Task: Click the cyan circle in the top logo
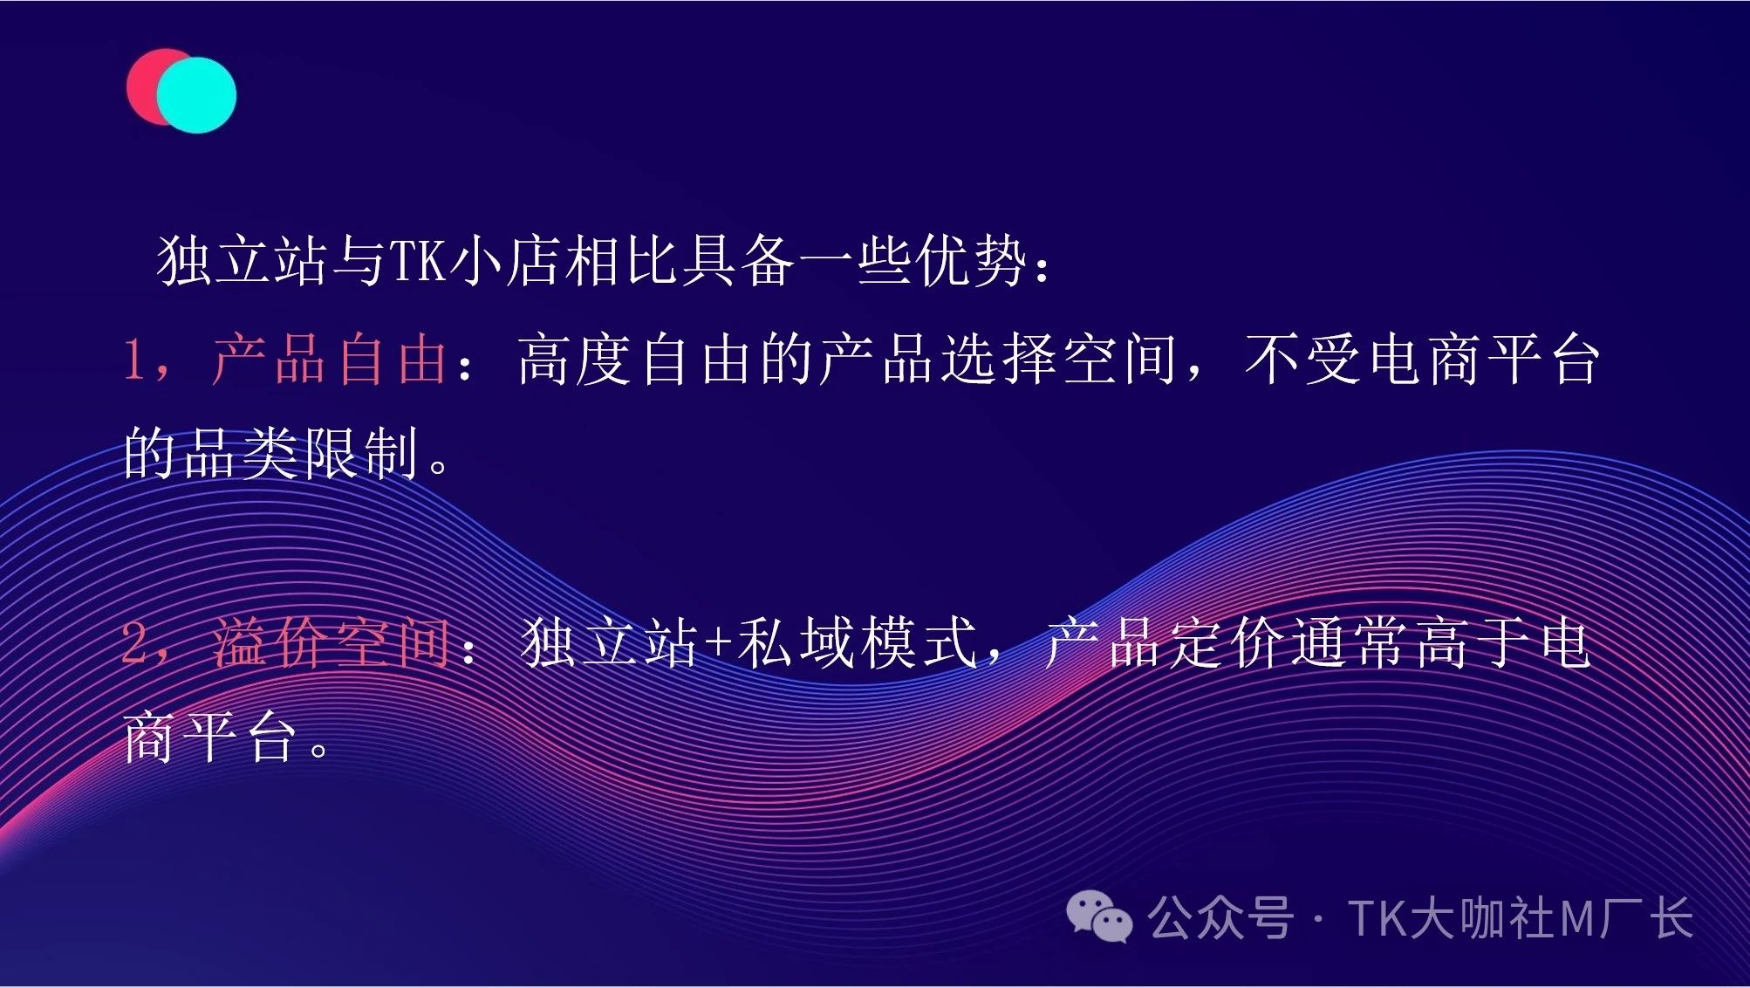[x=197, y=95]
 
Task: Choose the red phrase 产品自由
[x=330, y=359]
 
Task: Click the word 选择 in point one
[x=1001, y=359]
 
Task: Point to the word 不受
[x=1304, y=359]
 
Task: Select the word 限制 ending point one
[x=361, y=452]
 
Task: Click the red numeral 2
[x=135, y=643]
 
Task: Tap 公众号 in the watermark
[x=1220, y=918]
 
